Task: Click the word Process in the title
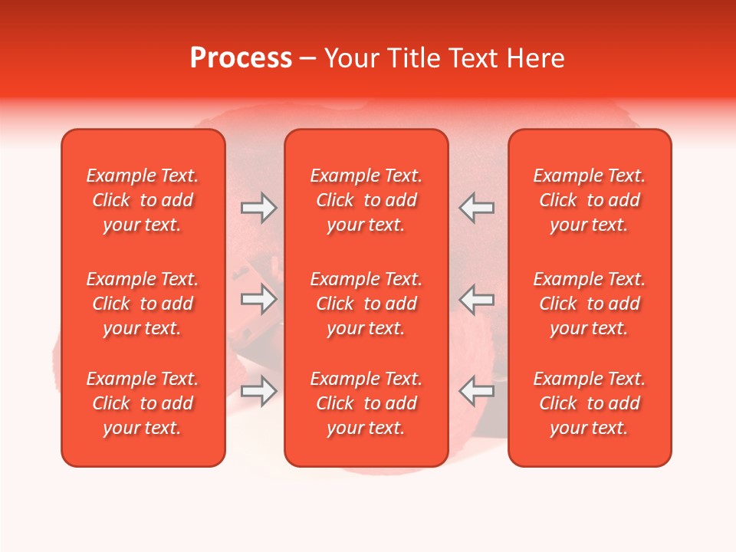point(241,58)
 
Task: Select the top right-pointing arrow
point(259,208)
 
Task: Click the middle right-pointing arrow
point(259,299)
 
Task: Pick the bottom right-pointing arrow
point(259,391)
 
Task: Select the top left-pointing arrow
point(476,208)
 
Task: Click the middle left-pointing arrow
point(476,299)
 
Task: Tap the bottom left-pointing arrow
point(476,391)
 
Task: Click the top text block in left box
point(143,200)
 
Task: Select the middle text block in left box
point(143,304)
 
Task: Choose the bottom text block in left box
point(143,403)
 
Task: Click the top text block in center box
point(366,200)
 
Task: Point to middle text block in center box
point(366,304)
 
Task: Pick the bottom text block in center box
point(366,403)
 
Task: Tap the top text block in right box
point(590,200)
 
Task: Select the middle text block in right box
point(590,304)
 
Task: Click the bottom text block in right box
point(590,403)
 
